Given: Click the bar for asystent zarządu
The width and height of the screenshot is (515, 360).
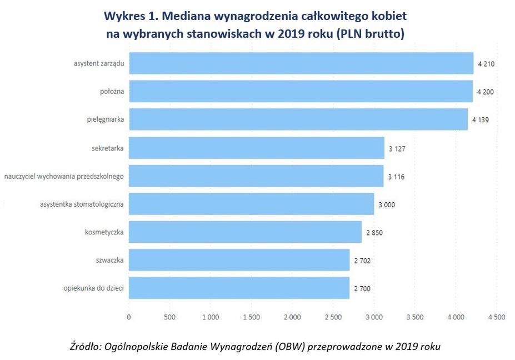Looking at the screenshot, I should point(301,63).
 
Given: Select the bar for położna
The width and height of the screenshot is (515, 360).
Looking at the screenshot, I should point(300,91).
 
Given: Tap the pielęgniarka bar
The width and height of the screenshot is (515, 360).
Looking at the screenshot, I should point(298,119).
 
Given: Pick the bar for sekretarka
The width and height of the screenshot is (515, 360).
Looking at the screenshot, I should point(256,148).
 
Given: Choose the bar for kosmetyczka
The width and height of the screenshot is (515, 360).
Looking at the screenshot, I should point(245,232).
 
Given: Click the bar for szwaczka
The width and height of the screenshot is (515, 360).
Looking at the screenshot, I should point(239,259).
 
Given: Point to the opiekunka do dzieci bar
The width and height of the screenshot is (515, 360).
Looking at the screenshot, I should point(239,288).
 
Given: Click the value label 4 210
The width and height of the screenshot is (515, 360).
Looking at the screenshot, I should point(486,64).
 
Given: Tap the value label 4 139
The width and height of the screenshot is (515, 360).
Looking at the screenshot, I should point(481,120).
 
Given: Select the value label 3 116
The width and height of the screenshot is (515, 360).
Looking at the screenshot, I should point(397,176).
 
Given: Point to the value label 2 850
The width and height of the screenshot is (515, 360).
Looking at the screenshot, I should point(374,232).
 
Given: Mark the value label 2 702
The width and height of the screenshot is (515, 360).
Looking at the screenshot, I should point(362,260).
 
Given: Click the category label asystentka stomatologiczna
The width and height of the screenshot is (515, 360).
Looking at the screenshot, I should point(82,204).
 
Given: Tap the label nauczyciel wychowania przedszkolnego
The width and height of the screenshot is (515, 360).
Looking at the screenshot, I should point(63,176).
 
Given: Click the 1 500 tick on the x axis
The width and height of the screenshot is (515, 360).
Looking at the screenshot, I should point(251,317).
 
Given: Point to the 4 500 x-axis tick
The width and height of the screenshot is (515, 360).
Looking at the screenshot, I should point(496,317).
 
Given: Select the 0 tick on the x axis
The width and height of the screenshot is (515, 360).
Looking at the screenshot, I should point(129,317).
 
